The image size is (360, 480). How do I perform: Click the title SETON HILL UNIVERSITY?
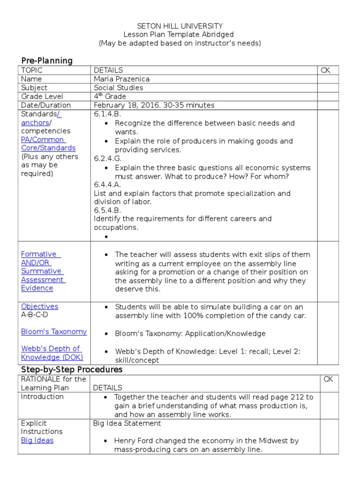[180, 26]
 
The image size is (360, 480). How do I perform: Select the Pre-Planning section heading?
[47, 60]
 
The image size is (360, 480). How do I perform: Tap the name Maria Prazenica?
[121, 79]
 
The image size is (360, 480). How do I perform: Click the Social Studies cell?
[118, 88]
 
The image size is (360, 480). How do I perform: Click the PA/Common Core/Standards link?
[48, 144]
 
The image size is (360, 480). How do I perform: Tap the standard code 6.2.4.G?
[107, 159]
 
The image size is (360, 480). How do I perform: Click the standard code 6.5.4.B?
[107, 210]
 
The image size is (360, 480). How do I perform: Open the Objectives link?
[39, 307]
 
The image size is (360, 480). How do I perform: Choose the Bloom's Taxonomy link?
[53, 332]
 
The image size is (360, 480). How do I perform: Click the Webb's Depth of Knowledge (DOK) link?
[51, 353]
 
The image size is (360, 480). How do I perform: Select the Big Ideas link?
[37, 441]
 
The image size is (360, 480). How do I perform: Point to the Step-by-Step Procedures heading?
[71, 369]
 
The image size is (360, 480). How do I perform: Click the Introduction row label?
[42, 397]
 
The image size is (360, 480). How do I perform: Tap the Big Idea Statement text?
[127, 423]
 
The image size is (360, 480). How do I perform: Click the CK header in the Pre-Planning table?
[325, 70]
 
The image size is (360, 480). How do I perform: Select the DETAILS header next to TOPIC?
[108, 70]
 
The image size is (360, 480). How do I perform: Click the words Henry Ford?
[133, 441]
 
